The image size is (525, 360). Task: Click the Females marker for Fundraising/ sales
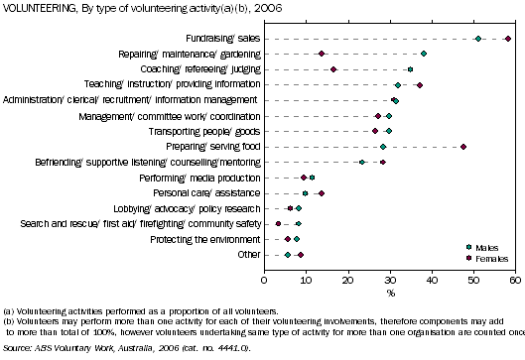pos(508,39)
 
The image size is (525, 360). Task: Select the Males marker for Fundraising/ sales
pos(478,39)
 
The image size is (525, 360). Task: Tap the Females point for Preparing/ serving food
pos(463,146)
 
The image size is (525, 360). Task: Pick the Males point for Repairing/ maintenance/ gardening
pos(424,54)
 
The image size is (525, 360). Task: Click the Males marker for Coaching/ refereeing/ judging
pos(410,69)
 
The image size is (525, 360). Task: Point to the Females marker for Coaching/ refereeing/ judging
pos(333,69)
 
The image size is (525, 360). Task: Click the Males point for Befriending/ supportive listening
pos(362,162)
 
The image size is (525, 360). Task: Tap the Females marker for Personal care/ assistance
pos(322,192)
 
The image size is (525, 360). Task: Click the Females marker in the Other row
pos(301,254)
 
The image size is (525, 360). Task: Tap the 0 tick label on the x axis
pos(264,282)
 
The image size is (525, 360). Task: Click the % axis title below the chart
pos(390,294)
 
